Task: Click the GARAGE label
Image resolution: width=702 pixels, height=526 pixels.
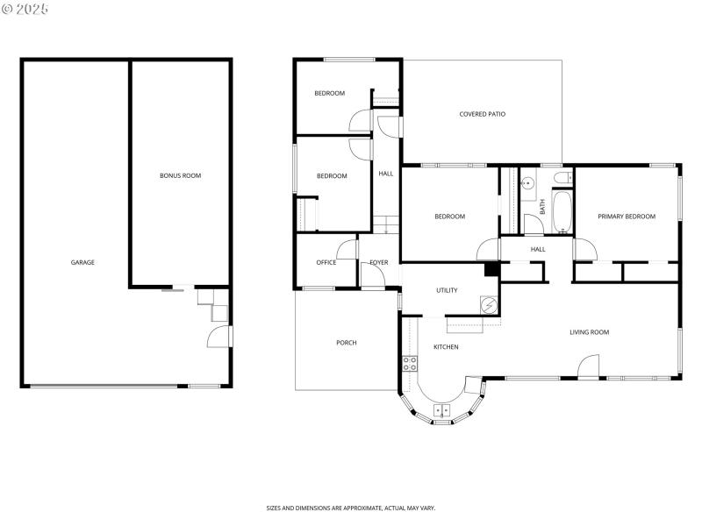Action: coord(82,262)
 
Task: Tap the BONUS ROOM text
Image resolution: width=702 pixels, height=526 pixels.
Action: coord(180,175)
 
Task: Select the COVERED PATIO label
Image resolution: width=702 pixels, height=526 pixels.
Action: coord(482,114)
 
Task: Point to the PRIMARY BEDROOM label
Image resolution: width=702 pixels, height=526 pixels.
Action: coord(627,217)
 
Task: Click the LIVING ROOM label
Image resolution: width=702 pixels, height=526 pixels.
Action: coord(589,332)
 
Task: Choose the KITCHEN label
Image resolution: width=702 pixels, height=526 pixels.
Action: coord(446,347)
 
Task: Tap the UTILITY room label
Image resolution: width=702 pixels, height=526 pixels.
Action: coord(447,290)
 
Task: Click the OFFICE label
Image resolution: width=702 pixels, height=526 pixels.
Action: coord(326,262)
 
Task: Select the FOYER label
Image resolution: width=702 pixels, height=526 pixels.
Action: coord(378,262)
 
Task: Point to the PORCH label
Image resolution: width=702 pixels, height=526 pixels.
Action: coord(347,343)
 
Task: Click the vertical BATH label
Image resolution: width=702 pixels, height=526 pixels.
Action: coord(542,207)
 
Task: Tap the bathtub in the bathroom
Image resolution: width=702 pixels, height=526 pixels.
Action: coord(562,211)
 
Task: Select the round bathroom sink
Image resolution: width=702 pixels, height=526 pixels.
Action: coord(528,183)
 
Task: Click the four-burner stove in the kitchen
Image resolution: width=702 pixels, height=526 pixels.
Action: coord(409,363)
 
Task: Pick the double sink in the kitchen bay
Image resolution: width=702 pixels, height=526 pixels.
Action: coord(441,409)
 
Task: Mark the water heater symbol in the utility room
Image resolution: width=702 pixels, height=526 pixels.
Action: coord(488,305)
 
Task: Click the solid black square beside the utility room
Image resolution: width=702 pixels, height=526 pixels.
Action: coord(491,270)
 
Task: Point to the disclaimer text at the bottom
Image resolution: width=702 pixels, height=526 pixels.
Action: coord(351,508)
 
